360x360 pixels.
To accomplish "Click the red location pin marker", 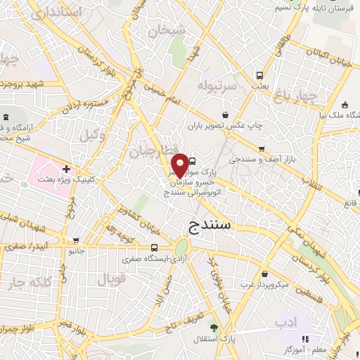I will coord(180,165).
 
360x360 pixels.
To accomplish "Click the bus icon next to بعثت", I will coord(259,75).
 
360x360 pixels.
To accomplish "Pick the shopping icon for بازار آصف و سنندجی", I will coord(262,149).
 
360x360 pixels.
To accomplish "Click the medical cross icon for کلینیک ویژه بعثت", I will coord(65,169).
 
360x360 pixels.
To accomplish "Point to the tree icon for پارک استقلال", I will coord(214,328).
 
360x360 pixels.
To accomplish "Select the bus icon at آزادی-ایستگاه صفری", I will coord(154,247).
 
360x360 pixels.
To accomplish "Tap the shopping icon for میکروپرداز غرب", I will coord(264,274).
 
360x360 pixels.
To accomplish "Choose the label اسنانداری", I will coord(57,13).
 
